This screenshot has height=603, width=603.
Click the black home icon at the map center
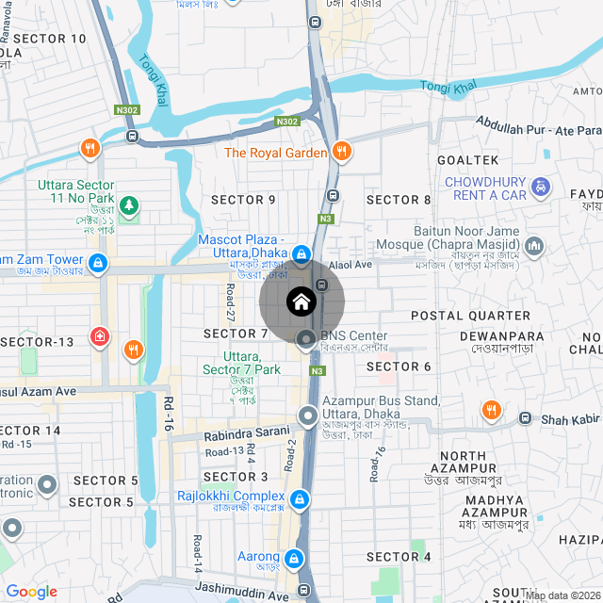[301, 302]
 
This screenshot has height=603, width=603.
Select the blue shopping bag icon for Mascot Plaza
[301, 254]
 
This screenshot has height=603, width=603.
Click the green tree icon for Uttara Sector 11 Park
[129, 204]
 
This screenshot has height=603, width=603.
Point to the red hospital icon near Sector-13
[99, 336]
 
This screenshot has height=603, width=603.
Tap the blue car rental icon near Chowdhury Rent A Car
[541, 187]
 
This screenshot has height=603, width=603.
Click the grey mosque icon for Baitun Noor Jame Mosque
[535, 248]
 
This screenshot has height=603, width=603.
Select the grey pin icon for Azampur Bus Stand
[307, 416]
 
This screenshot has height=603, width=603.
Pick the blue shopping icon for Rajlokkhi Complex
[299, 497]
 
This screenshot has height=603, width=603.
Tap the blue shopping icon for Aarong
[294, 559]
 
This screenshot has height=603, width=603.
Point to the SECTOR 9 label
[243, 200]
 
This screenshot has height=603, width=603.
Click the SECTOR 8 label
[399, 200]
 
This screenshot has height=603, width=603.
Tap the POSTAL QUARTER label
[470, 315]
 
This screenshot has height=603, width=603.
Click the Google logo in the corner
[31, 591]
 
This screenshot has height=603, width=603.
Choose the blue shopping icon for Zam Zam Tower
[99, 261]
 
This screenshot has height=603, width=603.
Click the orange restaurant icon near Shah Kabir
[491, 410]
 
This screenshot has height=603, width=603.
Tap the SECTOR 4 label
[399, 557]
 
